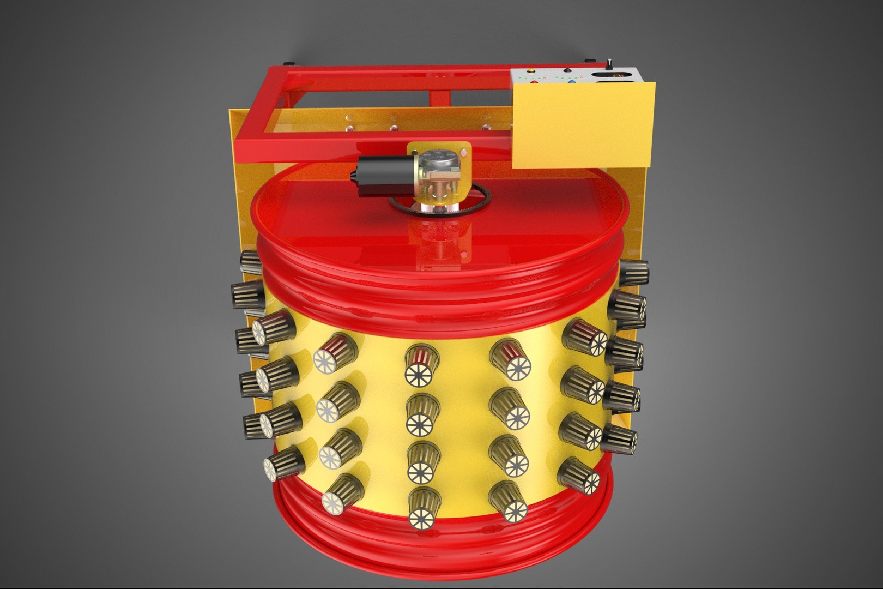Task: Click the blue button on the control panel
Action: click(x=572, y=82)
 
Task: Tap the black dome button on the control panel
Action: click(x=568, y=71)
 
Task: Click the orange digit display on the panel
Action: click(x=616, y=74)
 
